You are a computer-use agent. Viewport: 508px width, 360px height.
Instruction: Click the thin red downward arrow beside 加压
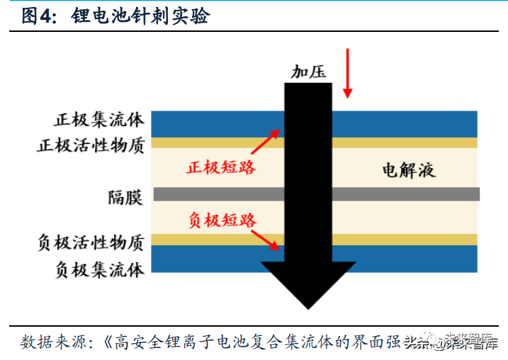(x=347, y=73)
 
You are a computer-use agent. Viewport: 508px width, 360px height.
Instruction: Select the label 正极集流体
(x=98, y=120)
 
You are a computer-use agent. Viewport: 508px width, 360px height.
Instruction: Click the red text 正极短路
(x=221, y=168)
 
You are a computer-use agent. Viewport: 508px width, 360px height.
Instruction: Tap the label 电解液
(x=407, y=170)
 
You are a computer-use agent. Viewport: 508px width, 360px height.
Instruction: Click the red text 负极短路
(x=222, y=220)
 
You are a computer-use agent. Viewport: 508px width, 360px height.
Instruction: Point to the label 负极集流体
(x=98, y=269)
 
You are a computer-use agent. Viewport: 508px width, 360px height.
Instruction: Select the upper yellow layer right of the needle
(x=405, y=142)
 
